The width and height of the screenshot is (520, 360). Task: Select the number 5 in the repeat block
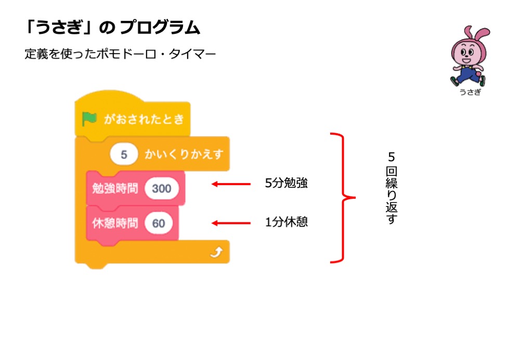pos(124,155)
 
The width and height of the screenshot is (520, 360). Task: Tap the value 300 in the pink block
pos(162,188)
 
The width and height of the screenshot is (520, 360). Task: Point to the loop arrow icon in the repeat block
pos(216,253)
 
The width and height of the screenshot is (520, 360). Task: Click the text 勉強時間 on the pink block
pos(115,188)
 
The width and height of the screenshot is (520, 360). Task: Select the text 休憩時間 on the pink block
pos(115,224)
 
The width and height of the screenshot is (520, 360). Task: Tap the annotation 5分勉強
pos(286,184)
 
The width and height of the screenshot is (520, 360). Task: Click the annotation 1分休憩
pos(286,222)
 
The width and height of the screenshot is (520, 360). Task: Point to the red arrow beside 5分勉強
pos(231,184)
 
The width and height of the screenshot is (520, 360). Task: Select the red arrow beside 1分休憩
pos(231,223)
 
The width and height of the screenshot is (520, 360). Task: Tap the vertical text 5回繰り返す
pos(391,188)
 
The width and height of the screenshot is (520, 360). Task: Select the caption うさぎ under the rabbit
pos(470,92)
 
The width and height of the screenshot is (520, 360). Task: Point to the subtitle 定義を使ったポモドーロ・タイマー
pos(120,54)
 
